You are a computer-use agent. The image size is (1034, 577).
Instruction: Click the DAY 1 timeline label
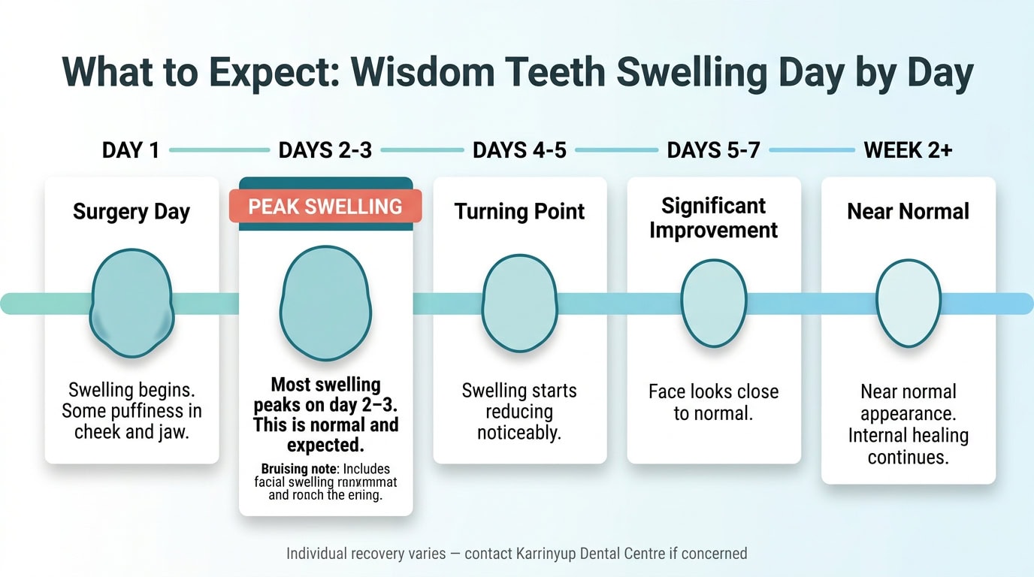131,150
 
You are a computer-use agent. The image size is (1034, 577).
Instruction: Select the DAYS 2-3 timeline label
325,150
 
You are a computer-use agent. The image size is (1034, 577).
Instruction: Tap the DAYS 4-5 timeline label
519,150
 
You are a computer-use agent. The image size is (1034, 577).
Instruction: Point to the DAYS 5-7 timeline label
713,150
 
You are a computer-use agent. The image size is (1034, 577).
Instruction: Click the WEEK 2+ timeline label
908,150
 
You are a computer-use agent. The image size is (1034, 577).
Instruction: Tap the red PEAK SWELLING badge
325,207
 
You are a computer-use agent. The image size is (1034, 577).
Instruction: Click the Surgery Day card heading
132,212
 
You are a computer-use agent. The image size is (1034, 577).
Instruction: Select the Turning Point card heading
519,212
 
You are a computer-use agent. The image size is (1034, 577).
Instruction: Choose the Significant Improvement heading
713,218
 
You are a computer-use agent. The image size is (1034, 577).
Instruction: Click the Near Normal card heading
908,212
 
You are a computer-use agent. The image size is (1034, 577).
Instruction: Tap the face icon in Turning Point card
519,304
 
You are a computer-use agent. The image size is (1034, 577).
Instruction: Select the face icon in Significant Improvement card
714,303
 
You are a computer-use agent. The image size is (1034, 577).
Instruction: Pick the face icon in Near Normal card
909,303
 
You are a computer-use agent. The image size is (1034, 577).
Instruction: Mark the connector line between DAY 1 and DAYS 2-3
219,150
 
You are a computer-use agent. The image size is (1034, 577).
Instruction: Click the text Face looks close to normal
713,403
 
